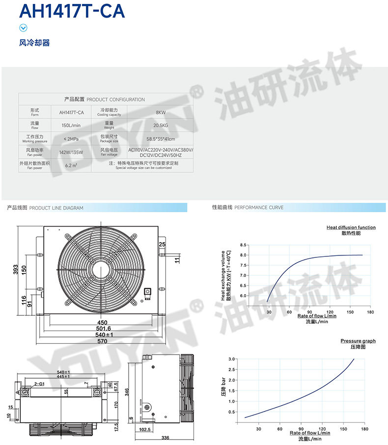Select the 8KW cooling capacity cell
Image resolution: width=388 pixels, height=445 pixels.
161,112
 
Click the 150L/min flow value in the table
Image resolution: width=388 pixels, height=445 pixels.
71,126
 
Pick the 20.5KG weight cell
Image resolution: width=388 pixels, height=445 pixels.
161,126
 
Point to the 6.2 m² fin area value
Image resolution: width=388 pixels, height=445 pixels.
71,166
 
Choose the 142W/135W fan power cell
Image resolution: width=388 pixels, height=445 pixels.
71,152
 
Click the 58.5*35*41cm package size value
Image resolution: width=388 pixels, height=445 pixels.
161,139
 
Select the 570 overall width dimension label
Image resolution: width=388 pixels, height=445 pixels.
102,341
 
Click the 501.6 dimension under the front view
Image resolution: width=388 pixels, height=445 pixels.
102,328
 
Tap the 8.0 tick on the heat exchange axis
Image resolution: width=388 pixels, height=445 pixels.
243,255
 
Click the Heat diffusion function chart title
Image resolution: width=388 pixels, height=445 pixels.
351,227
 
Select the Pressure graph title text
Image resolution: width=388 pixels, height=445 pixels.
358,341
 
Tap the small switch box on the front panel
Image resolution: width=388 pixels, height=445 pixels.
147,294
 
